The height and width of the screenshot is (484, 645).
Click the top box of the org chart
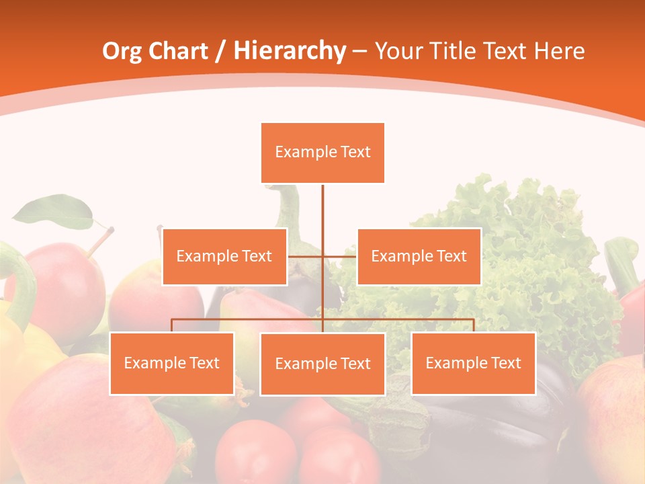[322, 153]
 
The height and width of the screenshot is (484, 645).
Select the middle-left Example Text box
[224, 256]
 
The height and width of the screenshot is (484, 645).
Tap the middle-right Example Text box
[419, 256]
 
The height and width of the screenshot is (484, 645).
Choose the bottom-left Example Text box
[172, 363]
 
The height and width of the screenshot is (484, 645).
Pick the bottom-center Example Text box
[322, 364]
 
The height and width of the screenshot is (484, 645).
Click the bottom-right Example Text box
[473, 363]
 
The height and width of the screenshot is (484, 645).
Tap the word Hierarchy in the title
[289, 51]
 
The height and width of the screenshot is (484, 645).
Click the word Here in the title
[559, 51]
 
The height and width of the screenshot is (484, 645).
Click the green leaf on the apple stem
[54, 211]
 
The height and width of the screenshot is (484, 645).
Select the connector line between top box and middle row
[322, 208]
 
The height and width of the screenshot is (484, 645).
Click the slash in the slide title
[219, 51]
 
